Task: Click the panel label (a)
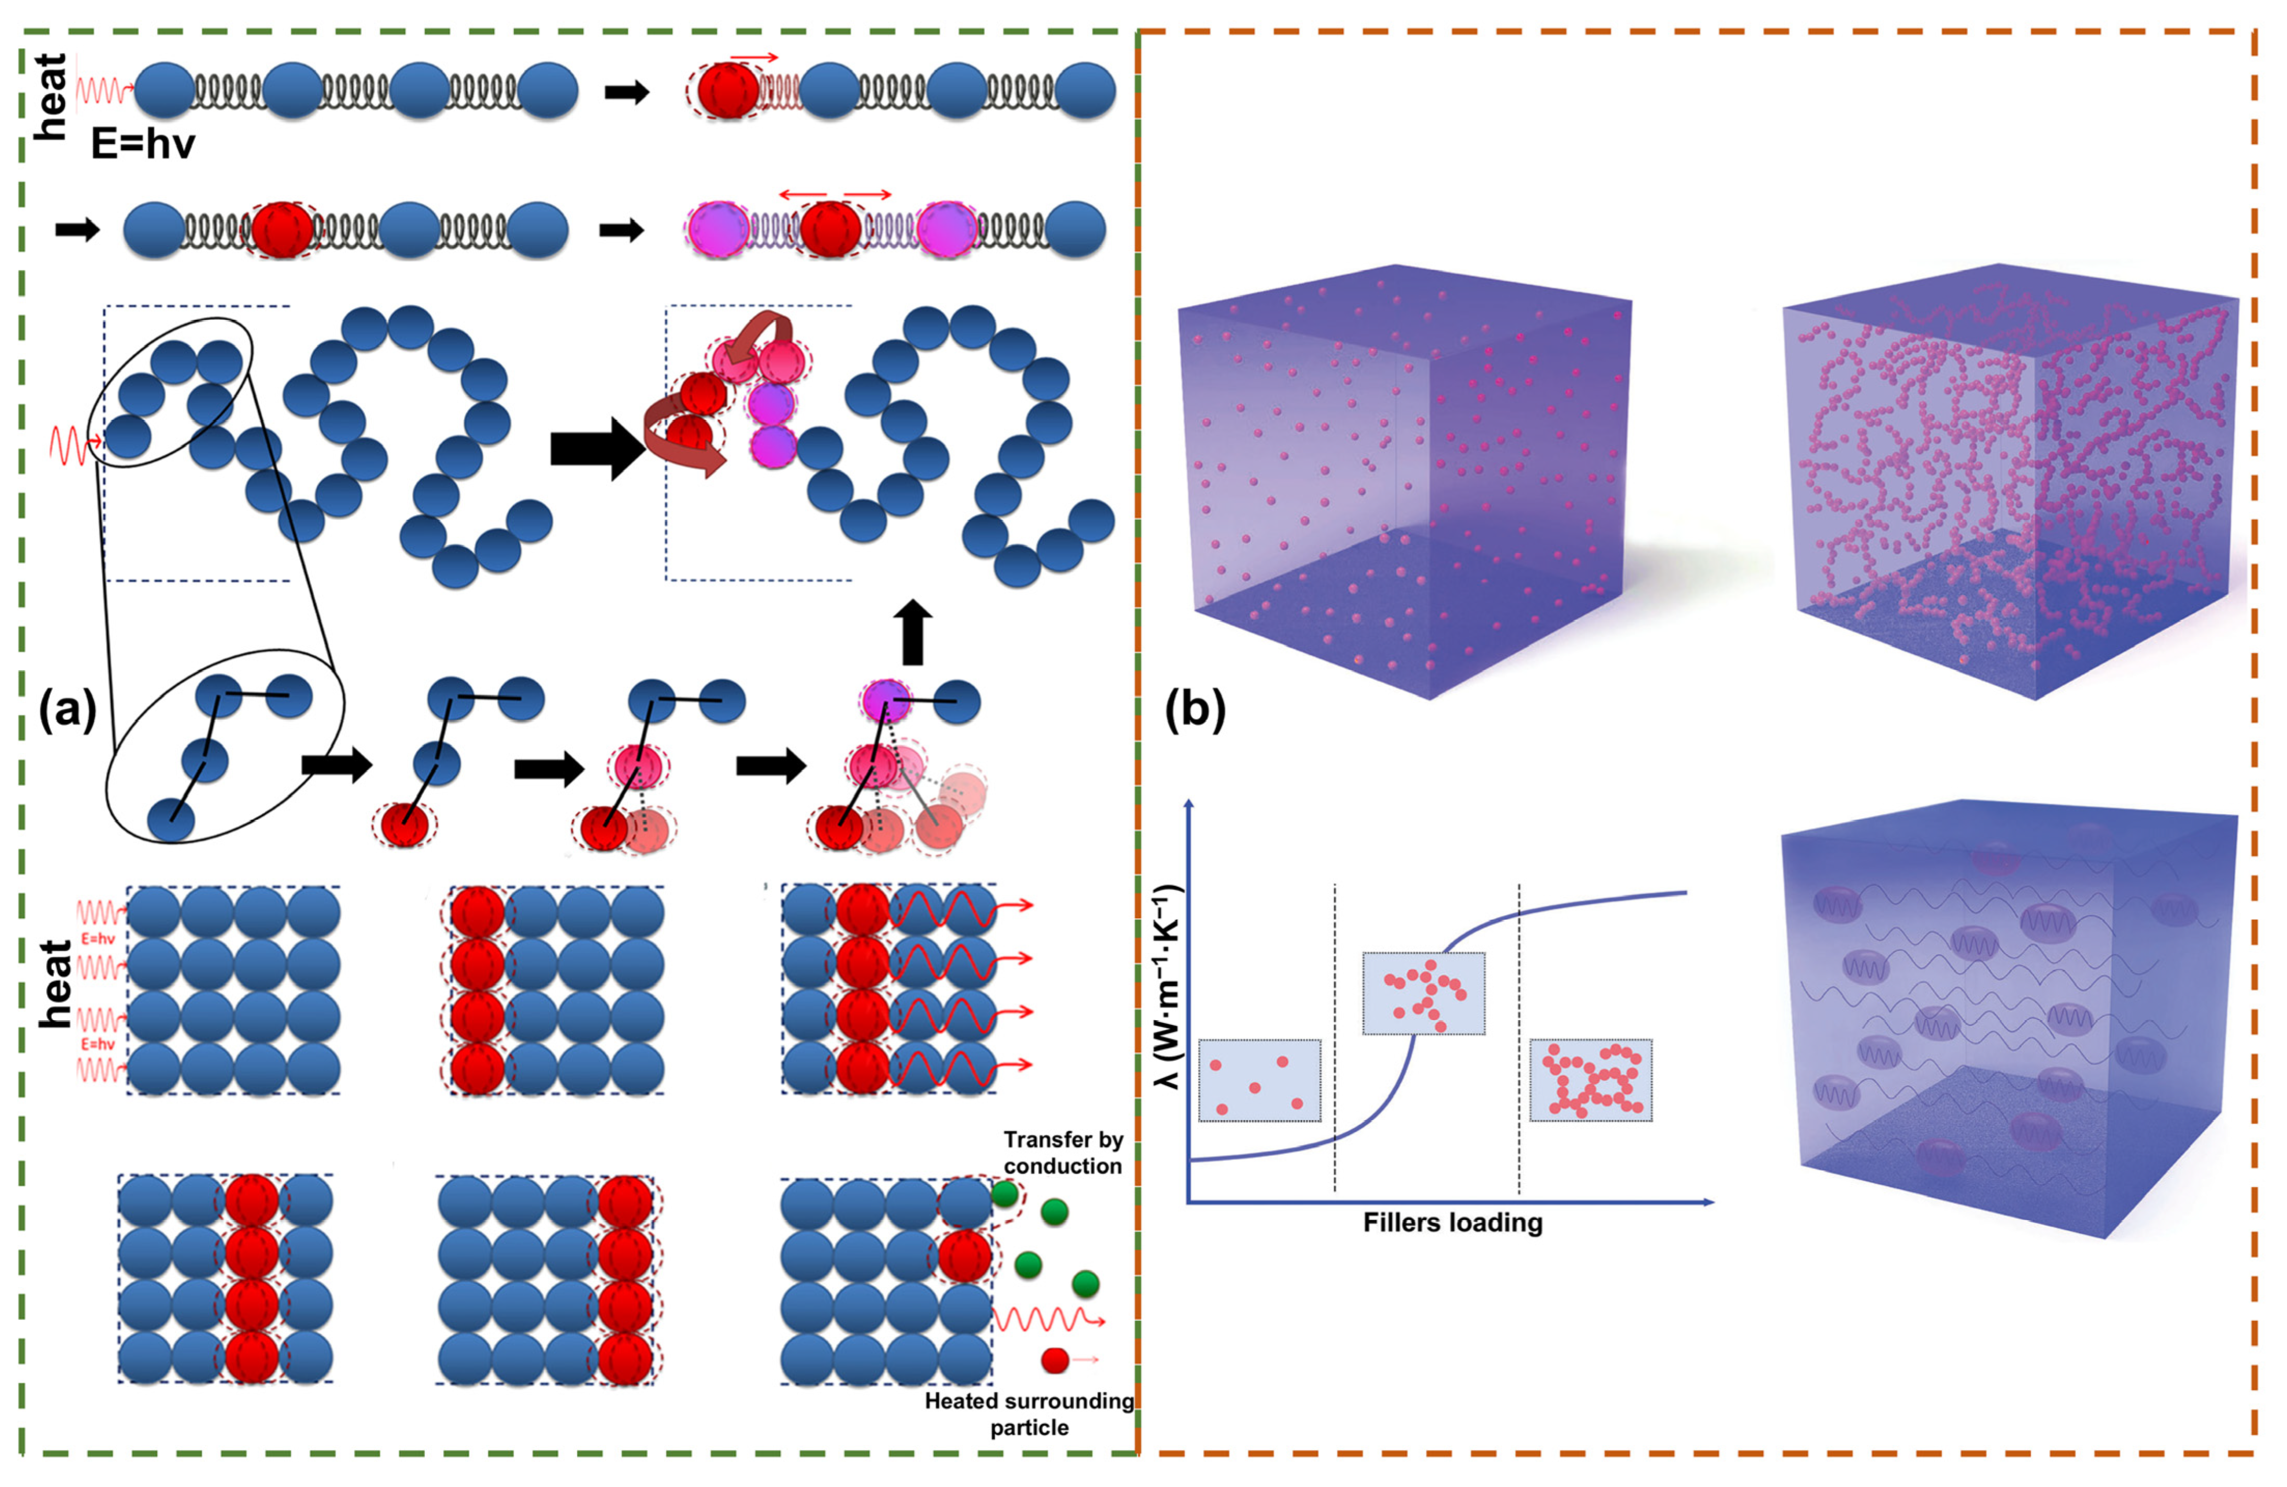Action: (67, 711)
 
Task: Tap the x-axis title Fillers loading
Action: (1452, 1223)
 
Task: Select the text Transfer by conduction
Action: (1063, 1153)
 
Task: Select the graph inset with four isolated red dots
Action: (1259, 1080)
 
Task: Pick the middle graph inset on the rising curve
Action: (1423, 993)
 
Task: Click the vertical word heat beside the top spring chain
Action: (50, 96)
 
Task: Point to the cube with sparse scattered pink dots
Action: (1403, 481)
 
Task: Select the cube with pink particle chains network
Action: (2008, 481)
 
